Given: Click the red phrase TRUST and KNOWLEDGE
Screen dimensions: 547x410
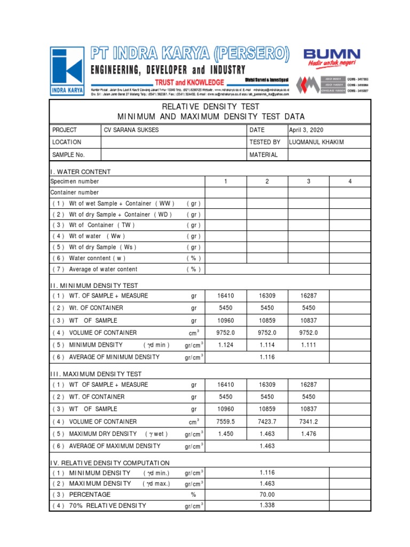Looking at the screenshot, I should click(189, 82).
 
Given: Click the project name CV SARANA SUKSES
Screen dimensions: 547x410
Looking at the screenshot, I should click(131, 130).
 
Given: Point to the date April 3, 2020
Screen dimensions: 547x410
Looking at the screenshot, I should click(306, 130).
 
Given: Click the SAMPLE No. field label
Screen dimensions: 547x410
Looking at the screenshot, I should click(68, 155).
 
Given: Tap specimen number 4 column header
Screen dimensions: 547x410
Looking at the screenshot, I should click(350, 182).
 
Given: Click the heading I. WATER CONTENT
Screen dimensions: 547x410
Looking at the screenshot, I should click(81, 171).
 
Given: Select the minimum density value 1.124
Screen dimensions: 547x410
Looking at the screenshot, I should click(225, 345).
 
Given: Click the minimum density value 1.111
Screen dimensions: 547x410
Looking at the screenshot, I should click(309, 345).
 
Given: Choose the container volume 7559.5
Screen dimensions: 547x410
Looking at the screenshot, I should click(225, 421).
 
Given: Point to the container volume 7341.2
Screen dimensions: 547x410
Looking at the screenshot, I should click(309, 421).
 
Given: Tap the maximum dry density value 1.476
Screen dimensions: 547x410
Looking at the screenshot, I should click(309, 434).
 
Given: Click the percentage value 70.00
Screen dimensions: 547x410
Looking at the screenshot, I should click(267, 495).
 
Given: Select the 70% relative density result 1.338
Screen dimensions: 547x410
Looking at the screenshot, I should click(267, 505).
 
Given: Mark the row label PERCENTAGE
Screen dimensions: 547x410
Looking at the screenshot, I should click(90, 495).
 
